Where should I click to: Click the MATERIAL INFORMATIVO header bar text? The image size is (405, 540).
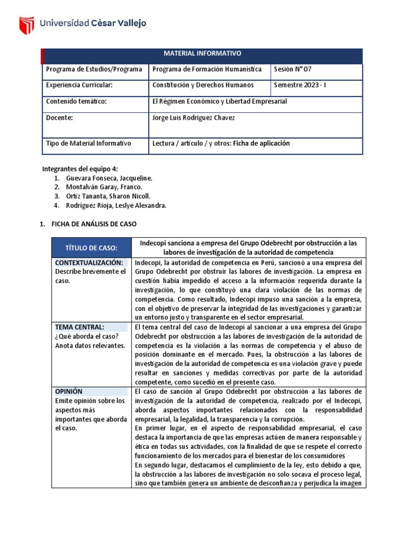click(x=202, y=54)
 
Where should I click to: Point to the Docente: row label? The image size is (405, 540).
click(x=59, y=118)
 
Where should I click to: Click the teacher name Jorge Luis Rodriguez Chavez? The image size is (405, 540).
click(x=193, y=118)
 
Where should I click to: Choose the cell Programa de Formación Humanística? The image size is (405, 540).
click(x=206, y=69)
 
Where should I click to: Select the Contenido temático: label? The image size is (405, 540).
click(x=76, y=101)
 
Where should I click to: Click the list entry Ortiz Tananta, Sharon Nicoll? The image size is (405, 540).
click(x=108, y=196)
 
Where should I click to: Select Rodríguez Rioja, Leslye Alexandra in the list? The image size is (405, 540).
click(x=116, y=206)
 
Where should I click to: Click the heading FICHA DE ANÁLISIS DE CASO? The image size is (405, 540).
click(x=94, y=224)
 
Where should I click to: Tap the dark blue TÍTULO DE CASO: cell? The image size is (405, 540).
click(x=91, y=248)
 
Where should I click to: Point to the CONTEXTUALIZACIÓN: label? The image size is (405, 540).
click(x=89, y=263)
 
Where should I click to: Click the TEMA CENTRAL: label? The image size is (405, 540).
click(x=79, y=327)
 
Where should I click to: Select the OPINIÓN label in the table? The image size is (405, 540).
click(x=69, y=392)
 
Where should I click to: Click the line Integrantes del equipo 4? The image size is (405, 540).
click(x=80, y=169)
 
